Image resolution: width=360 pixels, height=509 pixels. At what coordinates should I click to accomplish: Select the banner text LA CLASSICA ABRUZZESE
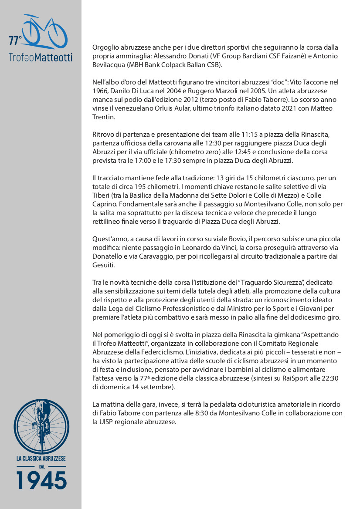click(41, 458)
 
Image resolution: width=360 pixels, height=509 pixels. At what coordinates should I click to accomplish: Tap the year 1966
click(100, 91)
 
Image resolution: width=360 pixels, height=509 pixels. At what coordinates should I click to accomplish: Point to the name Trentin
click(104, 117)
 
